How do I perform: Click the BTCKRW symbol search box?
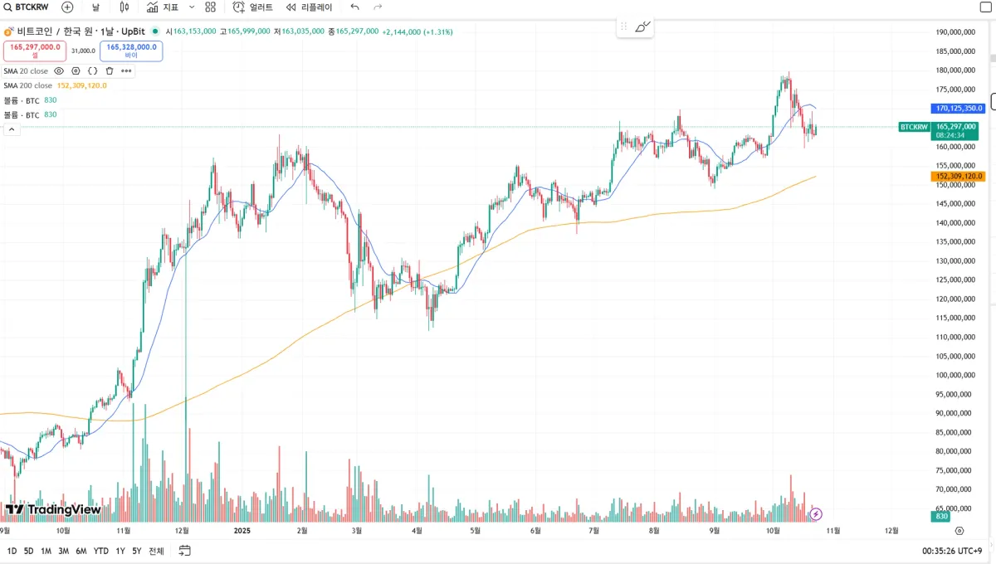click(x=32, y=7)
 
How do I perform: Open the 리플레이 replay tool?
click(x=309, y=7)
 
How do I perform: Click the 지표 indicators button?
click(x=163, y=7)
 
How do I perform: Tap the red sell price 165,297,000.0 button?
click(x=36, y=51)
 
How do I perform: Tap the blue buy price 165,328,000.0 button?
click(x=131, y=51)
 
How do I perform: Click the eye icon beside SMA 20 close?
click(x=59, y=71)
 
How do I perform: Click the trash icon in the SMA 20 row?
click(x=110, y=71)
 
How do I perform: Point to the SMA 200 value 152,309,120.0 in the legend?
click(x=81, y=85)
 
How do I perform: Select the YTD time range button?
click(x=100, y=551)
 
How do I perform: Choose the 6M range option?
click(x=81, y=551)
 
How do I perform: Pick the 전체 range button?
click(x=156, y=551)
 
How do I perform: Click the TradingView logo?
click(x=53, y=509)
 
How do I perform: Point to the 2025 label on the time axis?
click(x=242, y=530)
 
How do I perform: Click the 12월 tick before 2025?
click(x=183, y=530)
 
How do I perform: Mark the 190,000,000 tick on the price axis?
click(x=954, y=32)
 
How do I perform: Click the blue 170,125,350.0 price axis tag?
click(x=959, y=108)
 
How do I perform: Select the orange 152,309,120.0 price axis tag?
click(x=959, y=176)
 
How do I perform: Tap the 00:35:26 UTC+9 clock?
click(x=952, y=551)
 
